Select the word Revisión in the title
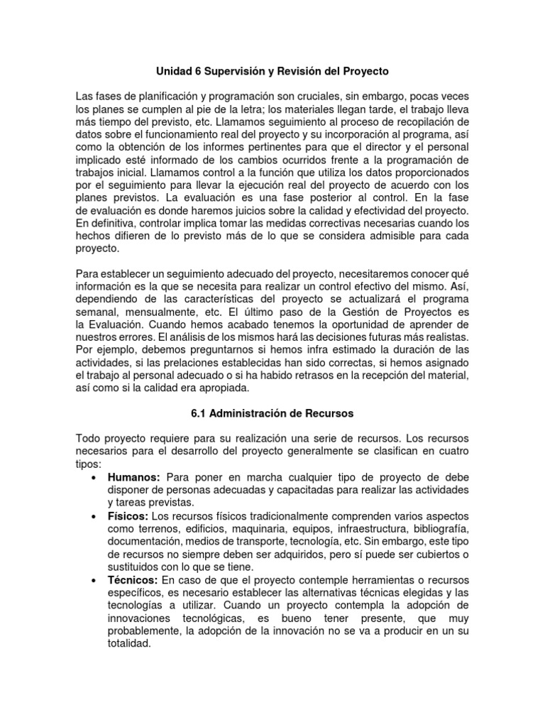coord(309,72)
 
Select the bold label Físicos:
coord(128,515)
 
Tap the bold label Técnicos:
coord(133,579)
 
